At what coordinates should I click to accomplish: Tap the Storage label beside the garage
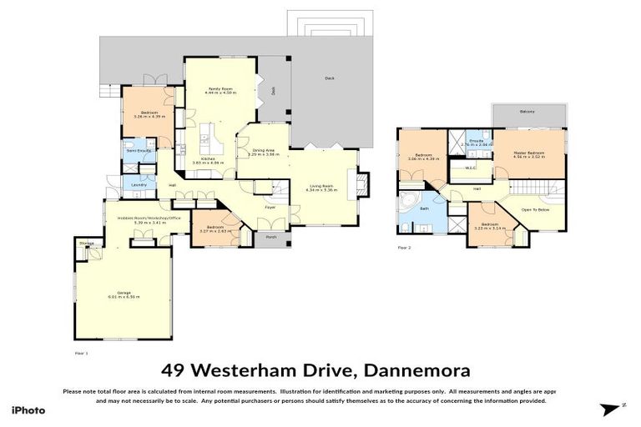pyautogui.click(x=86, y=244)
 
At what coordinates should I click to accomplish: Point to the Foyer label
pyautogui.click(x=270, y=206)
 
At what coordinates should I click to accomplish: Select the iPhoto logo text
pyautogui.click(x=28, y=411)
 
